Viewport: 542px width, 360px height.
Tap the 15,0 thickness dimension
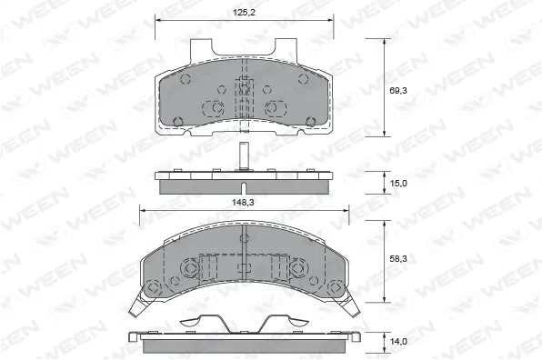[398, 183]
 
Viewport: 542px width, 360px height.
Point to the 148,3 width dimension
[242, 204]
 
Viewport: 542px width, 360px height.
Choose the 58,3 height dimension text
[398, 260]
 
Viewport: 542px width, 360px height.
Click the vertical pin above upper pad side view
[244, 156]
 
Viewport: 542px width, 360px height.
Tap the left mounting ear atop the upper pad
[206, 47]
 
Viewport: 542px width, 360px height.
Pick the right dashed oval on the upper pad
[273, 108]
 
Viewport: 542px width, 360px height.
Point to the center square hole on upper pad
[244, 88]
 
